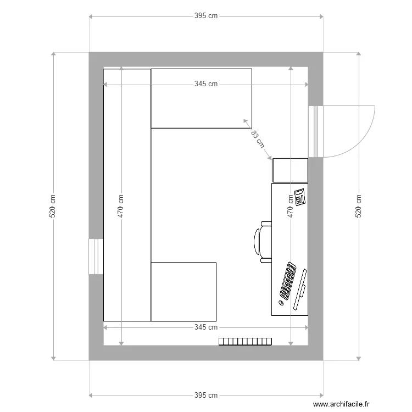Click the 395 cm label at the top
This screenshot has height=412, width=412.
pos(206,16)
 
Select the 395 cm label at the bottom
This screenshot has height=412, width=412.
pos(206,395)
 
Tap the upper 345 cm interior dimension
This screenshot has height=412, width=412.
pos(206,85)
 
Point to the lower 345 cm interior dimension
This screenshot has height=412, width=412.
pos(206,327)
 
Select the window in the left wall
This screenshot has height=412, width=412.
pos(96,257)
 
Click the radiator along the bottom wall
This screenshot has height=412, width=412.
pos(246,342)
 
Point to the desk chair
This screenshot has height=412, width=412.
pos(263,240)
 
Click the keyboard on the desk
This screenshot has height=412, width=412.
pos(288,280)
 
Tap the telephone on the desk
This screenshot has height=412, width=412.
pos(300,198)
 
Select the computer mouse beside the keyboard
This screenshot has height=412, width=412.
pos(281,303)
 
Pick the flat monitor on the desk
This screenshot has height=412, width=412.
pos(300,289)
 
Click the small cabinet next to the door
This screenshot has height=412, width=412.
pos(290,170)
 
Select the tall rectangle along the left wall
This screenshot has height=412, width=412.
pos(127,195)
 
